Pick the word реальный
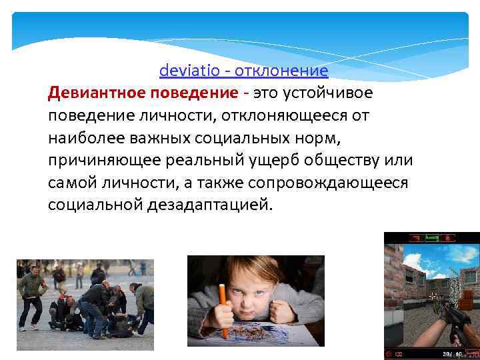tap(202, 161)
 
